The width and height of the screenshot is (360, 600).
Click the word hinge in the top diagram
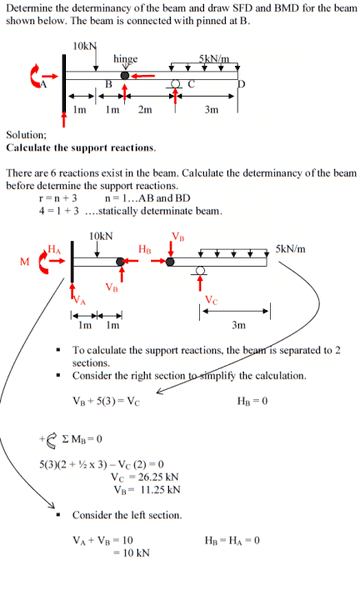[x=125, y=59]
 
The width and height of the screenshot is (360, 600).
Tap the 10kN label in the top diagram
[x=85, y=46]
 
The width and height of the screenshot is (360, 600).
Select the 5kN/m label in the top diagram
[x=214, y=59]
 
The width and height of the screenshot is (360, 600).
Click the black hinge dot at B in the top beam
[x=125, y=75]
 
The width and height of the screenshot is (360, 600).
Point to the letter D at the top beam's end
[x=241, y=84]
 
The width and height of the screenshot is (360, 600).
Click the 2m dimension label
[x=145, y=110]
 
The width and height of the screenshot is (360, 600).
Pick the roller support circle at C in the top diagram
[x=176, y=83]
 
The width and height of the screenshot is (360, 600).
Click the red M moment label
[x=24, y=262]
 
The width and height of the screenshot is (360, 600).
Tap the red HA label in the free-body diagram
[x=54, y=249]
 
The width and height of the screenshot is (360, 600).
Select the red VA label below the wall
[x=79, y=300]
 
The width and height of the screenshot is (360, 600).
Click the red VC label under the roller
[x=212, y=300]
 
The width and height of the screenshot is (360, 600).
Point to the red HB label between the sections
[x=145, y=249]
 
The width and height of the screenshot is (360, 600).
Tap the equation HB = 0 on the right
[x=252, y=401]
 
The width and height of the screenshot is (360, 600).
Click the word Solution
[x=26, y=135]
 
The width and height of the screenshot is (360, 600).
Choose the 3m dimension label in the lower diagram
[x=238, y=325]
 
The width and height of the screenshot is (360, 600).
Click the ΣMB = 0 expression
[x=82, y=439]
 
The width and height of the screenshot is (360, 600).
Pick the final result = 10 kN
[x=131, y=553]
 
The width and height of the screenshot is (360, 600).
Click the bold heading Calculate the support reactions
[x=81, y=148]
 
